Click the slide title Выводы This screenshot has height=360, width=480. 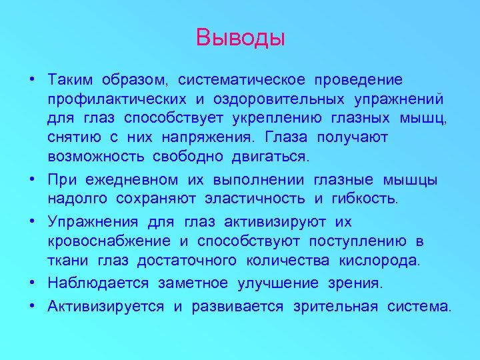[240, 37]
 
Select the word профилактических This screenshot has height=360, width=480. [117, 99]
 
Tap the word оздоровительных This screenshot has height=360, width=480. [276, 99]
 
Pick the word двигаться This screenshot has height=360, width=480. [271, 157]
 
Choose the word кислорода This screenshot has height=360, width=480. [383, 260]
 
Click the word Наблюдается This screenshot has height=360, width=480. [98, 283]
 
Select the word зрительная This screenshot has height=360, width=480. [332, 307]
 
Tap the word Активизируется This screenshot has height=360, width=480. [106, 307]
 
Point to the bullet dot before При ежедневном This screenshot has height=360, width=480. [32, 180]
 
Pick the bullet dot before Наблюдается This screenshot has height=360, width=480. [32, 284]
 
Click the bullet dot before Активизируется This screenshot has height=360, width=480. [32, 307]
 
